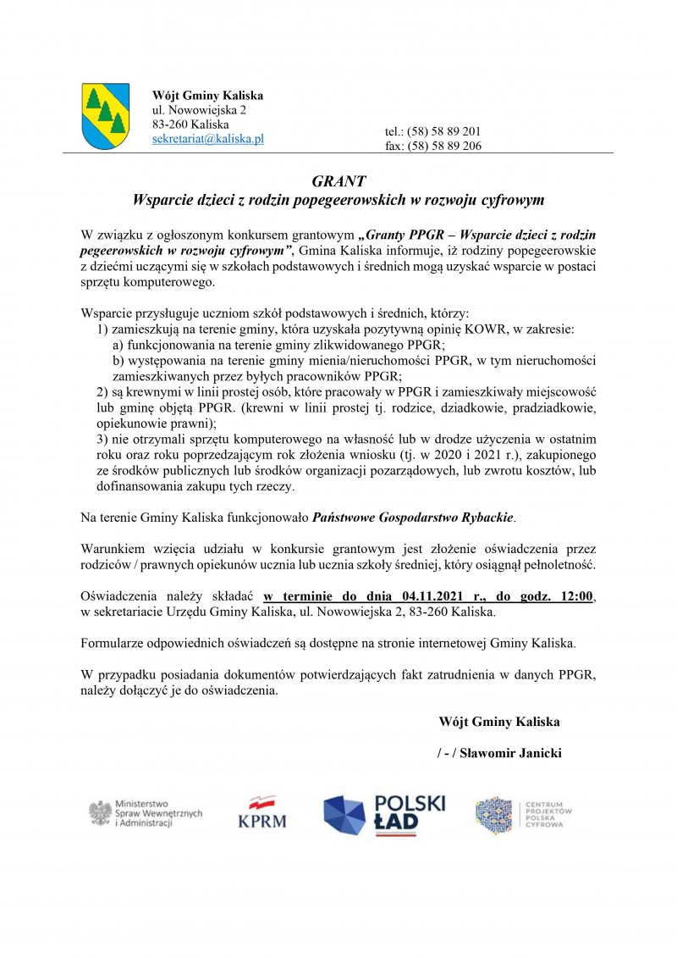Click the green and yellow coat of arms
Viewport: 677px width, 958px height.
click(x=105, y=116)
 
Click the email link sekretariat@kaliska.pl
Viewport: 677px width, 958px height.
click(x=208, y=138)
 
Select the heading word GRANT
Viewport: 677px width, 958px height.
click(x=338, y=181)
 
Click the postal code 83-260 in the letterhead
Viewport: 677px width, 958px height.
click(x=169, y=124)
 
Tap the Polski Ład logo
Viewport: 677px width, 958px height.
click(x=384, y=814)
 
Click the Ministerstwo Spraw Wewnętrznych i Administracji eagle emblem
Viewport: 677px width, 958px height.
click(x=102, y=813)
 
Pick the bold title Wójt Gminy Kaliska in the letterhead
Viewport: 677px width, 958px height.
click(x=207, y=95)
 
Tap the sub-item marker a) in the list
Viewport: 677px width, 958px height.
click(x=118, y=345)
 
